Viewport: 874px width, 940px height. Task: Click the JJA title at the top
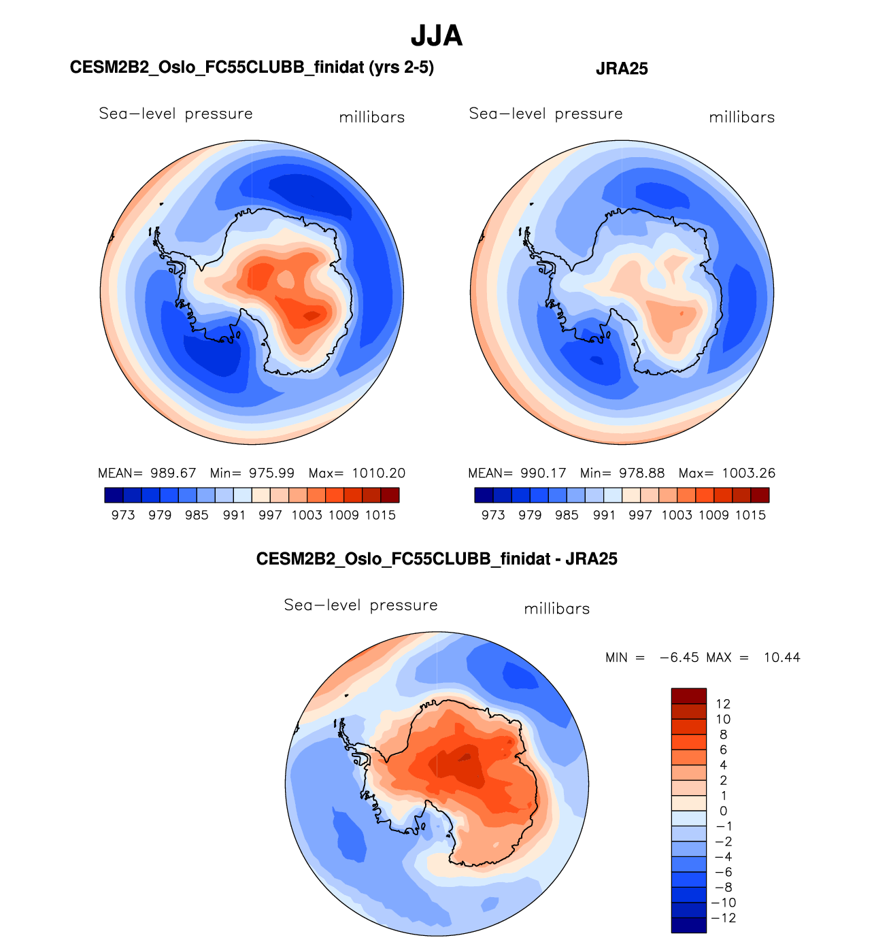click(437, 36)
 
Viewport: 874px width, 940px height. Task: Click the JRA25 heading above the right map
click(622, 69)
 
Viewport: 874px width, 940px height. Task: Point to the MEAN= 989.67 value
click(147, 473)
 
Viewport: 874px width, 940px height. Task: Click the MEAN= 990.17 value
click(517, 473)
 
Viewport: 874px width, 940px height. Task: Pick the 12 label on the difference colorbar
click(723, 704)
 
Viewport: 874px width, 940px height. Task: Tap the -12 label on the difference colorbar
click(723, 918)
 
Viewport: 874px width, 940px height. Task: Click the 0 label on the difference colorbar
click(723, 811)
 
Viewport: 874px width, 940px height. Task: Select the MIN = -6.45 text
click(652, 658)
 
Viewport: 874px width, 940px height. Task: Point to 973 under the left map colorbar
click(123, 516)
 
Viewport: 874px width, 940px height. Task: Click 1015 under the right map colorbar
click(750, 516)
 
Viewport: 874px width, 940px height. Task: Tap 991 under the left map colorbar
click(234, 516)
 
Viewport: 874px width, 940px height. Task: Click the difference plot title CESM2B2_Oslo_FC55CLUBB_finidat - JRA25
click(437, 559)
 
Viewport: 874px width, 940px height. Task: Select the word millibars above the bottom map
click(556, 609)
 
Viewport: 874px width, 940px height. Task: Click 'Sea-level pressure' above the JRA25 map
click(545, 114)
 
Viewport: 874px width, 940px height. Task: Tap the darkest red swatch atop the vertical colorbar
click(689, 696)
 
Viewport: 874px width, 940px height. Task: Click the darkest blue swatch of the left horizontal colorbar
click(114, 495)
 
